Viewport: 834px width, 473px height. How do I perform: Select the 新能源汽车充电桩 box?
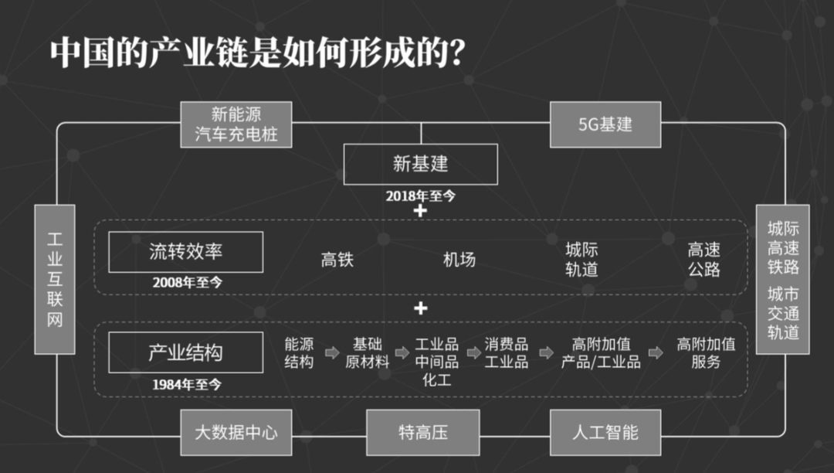click(x=236, y=124)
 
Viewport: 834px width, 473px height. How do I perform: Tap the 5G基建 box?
click(x=605, y=124)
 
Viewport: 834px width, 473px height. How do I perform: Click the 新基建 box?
click(x=420, y=164)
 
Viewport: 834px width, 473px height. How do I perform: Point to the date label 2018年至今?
click(x=421, y=196)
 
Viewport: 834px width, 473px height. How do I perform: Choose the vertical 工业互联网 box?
click(x=55, y=279)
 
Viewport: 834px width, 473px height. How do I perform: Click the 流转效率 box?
click(x=185, y=251)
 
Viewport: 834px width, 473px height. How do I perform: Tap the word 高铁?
click(x=337, y=260)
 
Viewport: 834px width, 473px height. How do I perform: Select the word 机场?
click(x=459, y=260)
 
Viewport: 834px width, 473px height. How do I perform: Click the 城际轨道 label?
click(x=581, y=260)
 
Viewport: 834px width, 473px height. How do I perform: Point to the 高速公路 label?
click(x=704, y=260)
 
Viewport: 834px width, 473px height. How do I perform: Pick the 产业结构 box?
click(x=185, y=353)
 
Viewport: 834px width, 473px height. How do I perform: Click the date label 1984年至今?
click(x=187, y=384)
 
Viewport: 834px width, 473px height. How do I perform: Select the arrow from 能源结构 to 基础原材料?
click(x=331, y=352)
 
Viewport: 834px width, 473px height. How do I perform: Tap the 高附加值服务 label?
click(x=705, y=352)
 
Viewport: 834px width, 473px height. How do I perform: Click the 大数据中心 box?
click(x=236, y=432)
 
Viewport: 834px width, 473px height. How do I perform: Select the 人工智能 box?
click(x=605, y=432)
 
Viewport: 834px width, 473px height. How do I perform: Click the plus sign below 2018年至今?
click(x=420, y=210)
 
